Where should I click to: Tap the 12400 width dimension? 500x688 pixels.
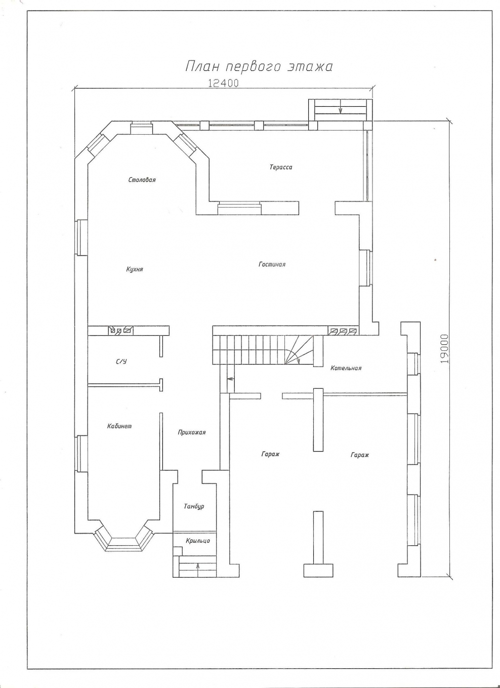click(x=223, y=83)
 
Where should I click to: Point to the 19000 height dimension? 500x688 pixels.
click(x=444, y=349)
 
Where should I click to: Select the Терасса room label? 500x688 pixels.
click(x=281, y=168)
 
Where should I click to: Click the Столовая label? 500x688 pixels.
click(x=142, y=180)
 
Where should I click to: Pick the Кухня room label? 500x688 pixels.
click(x=135, y=269)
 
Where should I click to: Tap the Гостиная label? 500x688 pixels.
click(x=272, y=264)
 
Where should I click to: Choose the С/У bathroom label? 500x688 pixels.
click(x=121, y=361)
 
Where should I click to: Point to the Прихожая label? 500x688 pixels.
click(x=192, y=432)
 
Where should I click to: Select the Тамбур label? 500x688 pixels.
click(x=194, y=506)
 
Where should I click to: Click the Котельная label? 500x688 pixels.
click(x=346, y=368)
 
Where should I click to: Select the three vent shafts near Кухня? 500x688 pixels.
click(x=120, y=331)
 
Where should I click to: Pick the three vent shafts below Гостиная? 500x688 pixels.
click(x=343, y=331)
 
